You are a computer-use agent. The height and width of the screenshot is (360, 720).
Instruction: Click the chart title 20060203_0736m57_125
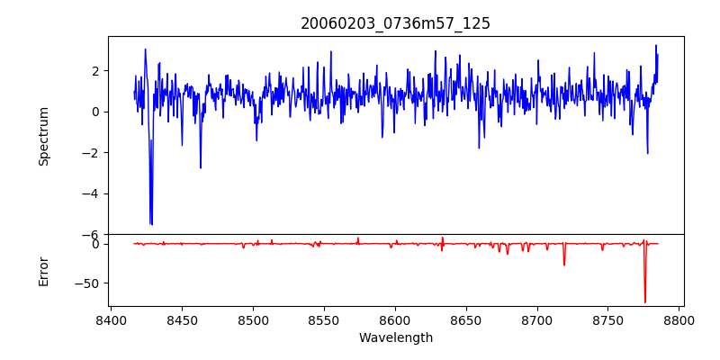395,23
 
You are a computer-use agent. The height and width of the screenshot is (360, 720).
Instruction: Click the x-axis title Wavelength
395,337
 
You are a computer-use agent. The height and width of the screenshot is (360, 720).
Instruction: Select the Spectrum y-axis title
44,136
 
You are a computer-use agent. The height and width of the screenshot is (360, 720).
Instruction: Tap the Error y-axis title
44,271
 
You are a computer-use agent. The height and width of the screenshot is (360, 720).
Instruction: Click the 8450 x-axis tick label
182,319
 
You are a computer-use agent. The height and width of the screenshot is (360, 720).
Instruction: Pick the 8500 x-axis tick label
253,319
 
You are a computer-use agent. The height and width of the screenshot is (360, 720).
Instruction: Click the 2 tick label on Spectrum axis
95,71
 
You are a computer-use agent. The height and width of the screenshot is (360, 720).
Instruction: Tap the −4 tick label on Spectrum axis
92,193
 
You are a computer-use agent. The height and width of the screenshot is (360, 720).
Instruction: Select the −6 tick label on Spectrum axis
92,234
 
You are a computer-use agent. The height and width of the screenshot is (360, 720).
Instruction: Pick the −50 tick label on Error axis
88,283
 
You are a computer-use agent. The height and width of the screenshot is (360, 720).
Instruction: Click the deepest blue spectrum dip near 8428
151,224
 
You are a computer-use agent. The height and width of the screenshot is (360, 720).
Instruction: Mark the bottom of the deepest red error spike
645,302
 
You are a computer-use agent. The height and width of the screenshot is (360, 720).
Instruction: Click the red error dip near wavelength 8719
564,265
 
